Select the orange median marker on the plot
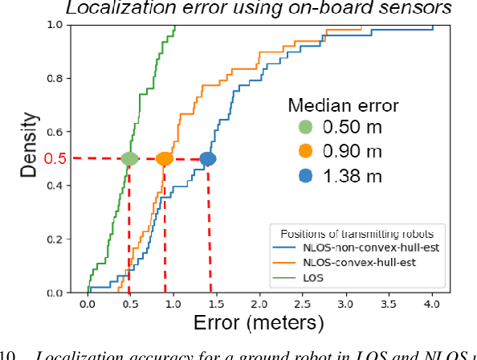pos(165,158)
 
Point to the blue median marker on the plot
pos(208,158)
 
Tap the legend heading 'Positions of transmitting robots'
pos(356,234)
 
